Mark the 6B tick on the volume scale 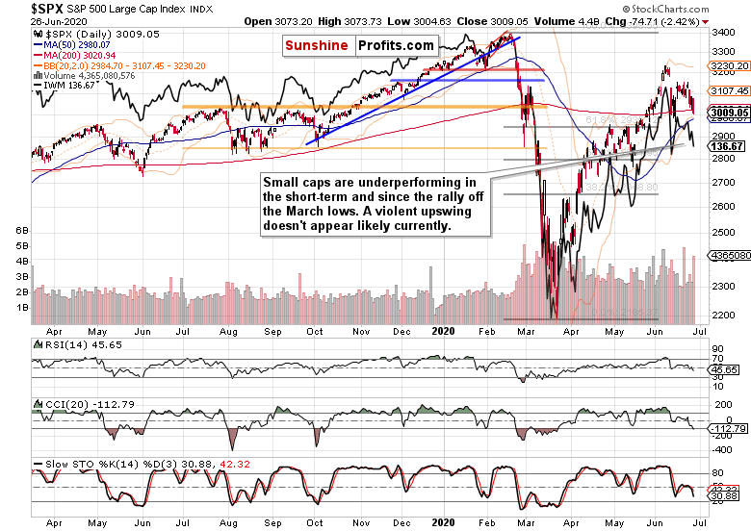click(21, 232)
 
